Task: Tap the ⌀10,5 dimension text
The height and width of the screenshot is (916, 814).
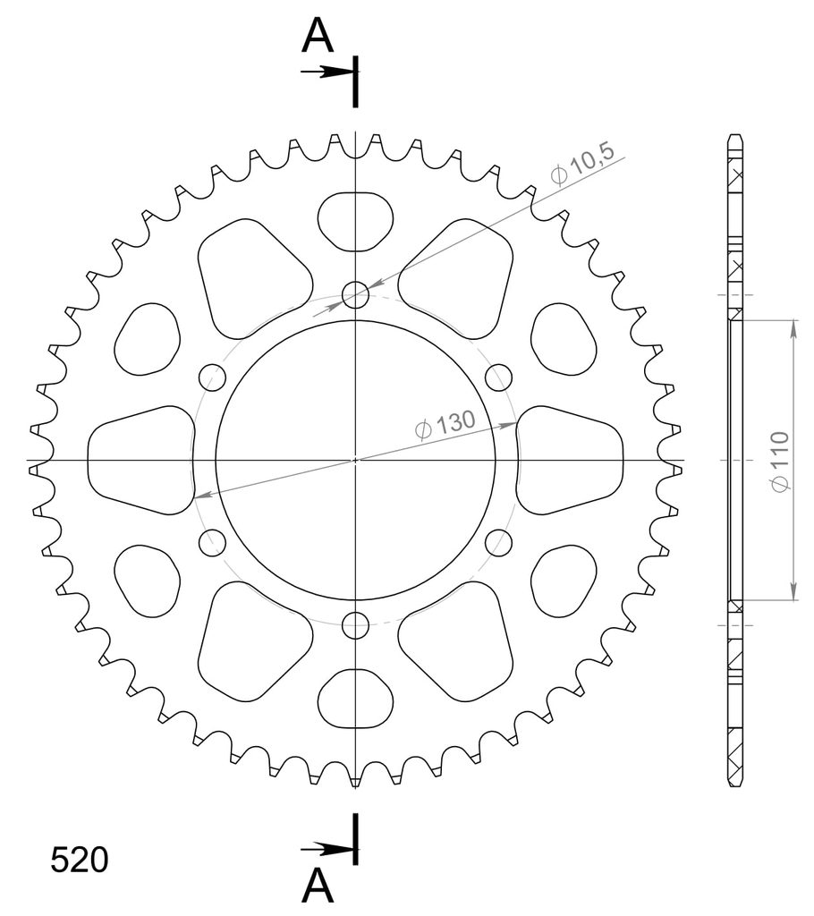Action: (582, 165)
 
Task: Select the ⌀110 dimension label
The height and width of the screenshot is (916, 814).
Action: (779, 462)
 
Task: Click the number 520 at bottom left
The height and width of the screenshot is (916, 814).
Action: (80, 860)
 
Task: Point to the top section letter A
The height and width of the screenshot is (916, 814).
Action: (318, 36)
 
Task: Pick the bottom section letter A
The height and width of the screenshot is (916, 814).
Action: (318, 886)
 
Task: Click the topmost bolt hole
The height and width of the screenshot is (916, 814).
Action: (355, 294)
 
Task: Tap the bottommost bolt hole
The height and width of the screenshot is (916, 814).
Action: (355, 625)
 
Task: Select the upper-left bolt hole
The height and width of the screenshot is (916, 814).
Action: (212, 377)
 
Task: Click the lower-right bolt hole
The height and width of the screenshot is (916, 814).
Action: (498, 543)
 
